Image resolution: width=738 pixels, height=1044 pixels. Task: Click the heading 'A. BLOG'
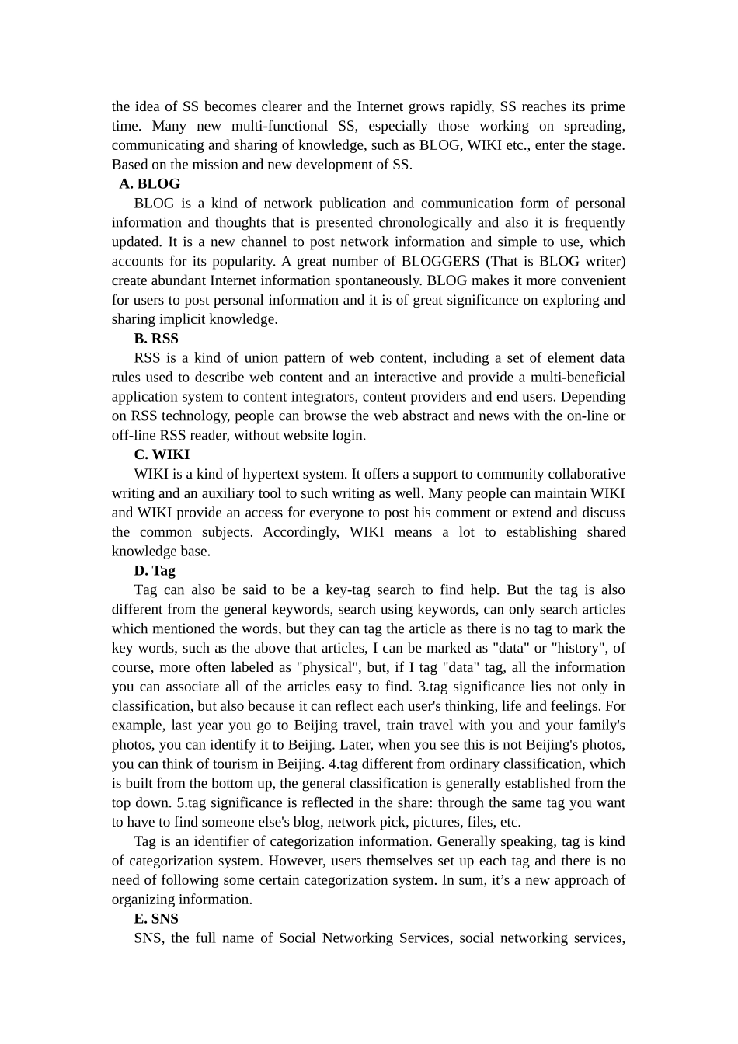(149, 184)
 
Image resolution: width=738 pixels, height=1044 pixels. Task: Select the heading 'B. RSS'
(155, 339)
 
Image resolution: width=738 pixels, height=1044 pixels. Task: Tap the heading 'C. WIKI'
(162, 454)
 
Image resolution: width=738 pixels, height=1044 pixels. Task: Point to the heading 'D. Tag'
(155, 571)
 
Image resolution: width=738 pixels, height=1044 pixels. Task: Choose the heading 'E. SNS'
(156, 919)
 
